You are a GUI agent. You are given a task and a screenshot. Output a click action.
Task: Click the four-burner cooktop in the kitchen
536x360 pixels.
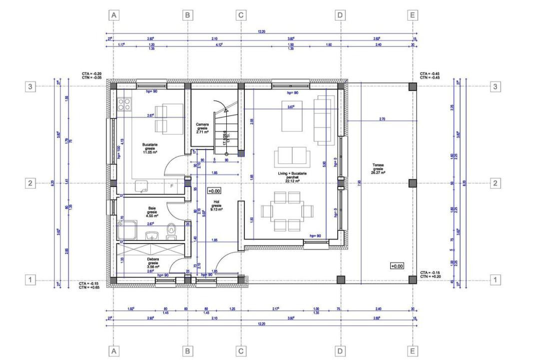tap(124, 103)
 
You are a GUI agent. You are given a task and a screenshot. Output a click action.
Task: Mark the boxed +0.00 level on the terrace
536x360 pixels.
tap(398, 266)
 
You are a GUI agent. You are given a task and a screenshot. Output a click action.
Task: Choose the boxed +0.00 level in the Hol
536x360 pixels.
tap(214, 191)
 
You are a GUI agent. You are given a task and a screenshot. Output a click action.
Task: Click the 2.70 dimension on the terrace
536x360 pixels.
tap(382, 119)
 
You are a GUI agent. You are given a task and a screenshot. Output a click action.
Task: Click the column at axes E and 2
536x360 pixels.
tap(413, 183)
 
